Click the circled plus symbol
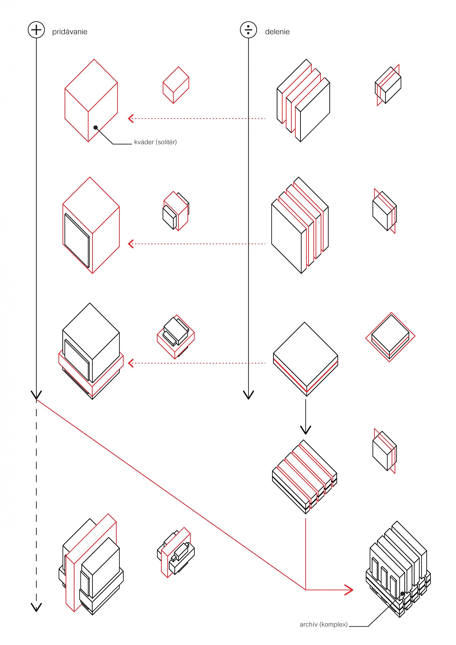pos(36,30)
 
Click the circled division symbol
pos(248,30)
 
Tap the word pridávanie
pos(70,32)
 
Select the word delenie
pos(277,32)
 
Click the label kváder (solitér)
pos(155,142)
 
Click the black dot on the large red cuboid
pos(95,127)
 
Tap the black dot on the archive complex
pos(402,594)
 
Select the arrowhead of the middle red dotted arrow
pos(130,244)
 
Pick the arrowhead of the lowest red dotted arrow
pos(130,363)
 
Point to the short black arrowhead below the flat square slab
pos(305,430)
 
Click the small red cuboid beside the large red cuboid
pos(176,85)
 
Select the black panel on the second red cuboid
pos(76,241)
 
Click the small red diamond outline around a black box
pos(390,337)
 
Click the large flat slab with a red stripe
pos(305,357)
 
